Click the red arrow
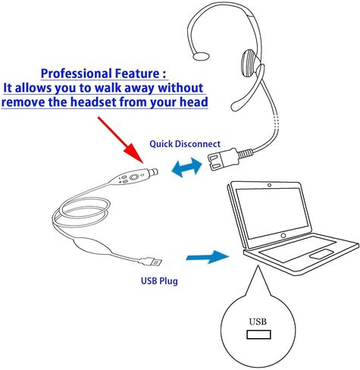tap(121, 140)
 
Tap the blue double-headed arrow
tap(187, 167)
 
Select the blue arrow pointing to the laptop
tap(208, 257)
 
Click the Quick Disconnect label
tap(185, 144)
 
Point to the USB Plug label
tap(159, 281)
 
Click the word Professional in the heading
tap(76, 74)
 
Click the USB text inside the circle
tap(258, 321)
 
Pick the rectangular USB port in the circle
tap(258, 334)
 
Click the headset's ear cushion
tap(251, 63)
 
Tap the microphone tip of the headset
tap(236, 106)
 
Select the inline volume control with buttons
tap(133, 177)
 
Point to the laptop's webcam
tap(269, 185)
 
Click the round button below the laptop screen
tap(283, 236)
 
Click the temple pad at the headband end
tap(201, 56)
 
